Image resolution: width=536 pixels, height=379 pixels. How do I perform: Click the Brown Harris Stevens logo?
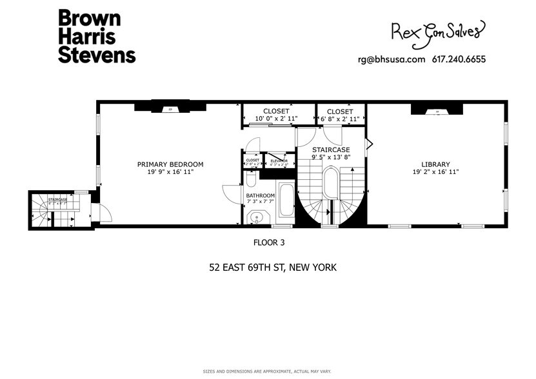tap(97, 36)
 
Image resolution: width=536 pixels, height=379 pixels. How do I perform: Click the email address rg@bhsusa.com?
tap(392, 59)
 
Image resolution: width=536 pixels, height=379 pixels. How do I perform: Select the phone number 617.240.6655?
tap(458, 59)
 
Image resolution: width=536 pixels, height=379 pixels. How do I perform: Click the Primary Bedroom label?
tap(170, 168)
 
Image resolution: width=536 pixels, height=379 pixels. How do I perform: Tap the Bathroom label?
tap(261, 199)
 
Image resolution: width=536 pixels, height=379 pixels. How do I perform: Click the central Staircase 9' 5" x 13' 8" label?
tap(330, 152)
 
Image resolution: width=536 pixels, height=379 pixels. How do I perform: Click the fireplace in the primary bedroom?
tap(170, 109)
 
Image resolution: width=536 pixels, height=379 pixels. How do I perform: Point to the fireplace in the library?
tap(437, 111)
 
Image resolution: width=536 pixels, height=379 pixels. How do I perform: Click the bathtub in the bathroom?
tap(284, 204)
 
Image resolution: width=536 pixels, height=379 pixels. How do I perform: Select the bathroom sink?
tap(257, 218)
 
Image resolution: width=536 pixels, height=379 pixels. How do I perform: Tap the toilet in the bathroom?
tap(251, 179)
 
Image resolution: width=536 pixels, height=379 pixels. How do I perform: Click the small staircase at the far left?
tap(57, 209)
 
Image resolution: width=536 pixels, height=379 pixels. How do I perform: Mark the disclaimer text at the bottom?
tap(268, 372)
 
